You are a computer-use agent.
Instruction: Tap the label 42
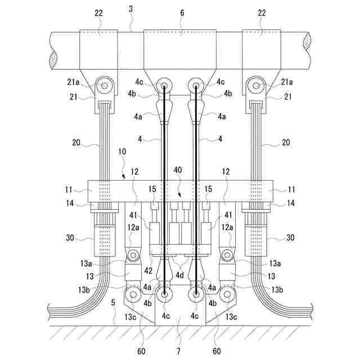pos(147,270)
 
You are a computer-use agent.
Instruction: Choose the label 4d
pos(180,276)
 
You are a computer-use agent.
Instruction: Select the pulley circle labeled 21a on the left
pos(104,86)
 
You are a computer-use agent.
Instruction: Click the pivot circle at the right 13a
pos(227,256)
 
